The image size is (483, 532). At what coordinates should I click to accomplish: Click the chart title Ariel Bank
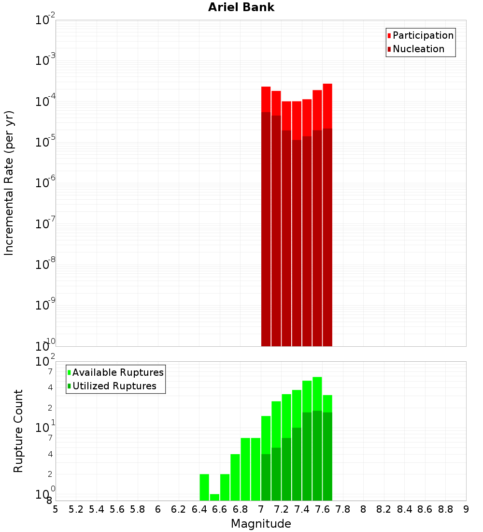[x=241, y=7]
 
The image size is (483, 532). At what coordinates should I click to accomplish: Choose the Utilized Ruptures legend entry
[x=114, y=386]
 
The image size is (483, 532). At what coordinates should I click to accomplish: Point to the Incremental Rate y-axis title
[x=9, y=183]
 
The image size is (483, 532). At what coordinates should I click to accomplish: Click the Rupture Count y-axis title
[x=18, y=431]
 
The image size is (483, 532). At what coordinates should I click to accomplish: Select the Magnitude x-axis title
[x=261, y=524]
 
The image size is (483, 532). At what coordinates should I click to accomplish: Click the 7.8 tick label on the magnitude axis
[x=343, y=509]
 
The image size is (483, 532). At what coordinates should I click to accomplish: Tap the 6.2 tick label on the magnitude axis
[x=179, y=509]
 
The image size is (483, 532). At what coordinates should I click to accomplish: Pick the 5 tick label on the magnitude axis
[x=56, y=509]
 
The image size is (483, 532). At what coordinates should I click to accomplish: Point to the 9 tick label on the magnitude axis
[x=466, y=509]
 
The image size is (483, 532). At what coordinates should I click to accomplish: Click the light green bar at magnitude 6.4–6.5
[x=204, y=487]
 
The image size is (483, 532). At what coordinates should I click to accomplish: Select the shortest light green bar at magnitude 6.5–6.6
[x=214, y=497]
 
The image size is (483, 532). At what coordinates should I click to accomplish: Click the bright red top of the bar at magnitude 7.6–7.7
[x=327, y=105]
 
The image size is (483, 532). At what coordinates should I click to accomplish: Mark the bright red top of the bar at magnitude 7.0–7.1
[x=266, y=99]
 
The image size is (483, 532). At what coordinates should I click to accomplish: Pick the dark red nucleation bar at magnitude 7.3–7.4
[x=297, y=242]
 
